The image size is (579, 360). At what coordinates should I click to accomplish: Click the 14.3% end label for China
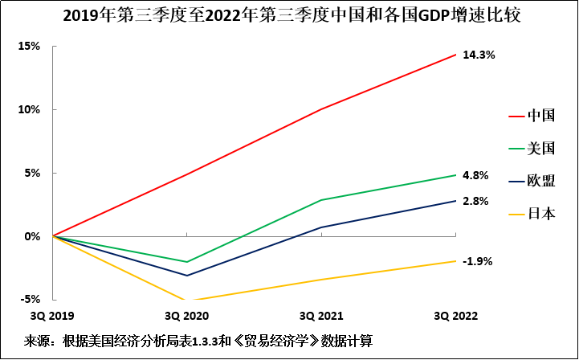[479, 55]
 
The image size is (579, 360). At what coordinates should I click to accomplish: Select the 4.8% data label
[476, 175]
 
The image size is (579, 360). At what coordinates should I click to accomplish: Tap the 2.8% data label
[476, 201]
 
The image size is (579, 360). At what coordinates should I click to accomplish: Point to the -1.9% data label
[478, 261]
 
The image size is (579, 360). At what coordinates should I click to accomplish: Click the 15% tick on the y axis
[29, 46]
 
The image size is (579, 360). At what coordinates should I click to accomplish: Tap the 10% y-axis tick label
[29, 109]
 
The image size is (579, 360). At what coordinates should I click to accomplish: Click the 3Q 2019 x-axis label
[52, 314]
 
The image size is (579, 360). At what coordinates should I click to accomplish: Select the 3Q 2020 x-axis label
[186, 314]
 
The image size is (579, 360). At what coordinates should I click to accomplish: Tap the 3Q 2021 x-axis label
[321, 314]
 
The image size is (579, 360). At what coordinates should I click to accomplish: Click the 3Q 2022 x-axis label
[455, 314]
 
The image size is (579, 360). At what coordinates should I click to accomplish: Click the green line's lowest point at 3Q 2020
[186, 262]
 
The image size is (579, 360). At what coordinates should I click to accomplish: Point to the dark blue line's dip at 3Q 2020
[186, 276]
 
